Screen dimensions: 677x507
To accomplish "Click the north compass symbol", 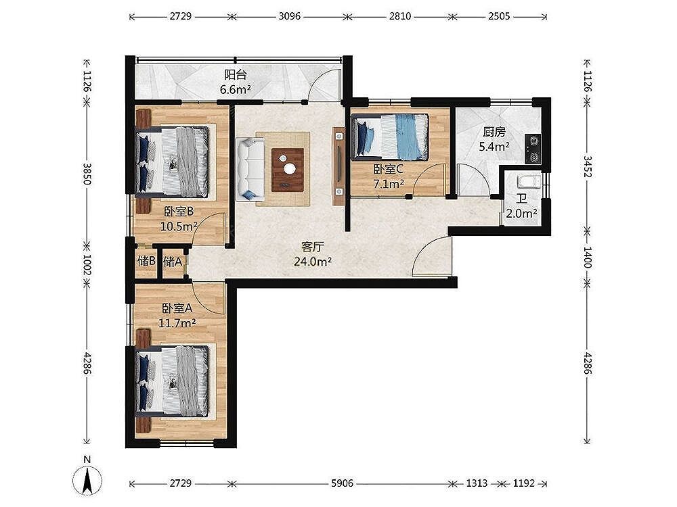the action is coord(87,479).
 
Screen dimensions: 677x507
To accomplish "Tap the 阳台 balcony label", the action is coord(236,74).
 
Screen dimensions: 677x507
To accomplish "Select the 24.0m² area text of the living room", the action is coord(313,261).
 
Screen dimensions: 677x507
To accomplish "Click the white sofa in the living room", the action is coord(250,168).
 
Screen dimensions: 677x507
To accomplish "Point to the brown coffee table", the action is coord(288,170).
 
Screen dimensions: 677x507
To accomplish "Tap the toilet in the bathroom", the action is coord(529,181).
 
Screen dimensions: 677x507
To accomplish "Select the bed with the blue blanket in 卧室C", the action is coord(391,137).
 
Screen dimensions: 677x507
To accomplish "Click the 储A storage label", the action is coord(172,261).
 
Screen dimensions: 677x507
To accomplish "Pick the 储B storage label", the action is coord(146,261).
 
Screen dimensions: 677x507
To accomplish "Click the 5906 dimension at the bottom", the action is coord(342,483).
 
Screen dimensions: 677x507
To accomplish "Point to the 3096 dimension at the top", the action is coord(289,16).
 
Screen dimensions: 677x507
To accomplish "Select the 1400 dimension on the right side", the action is coord(587,257).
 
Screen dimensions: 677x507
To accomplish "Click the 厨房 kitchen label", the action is coord(494,132).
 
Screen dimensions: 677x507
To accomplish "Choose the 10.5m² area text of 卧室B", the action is coord(179,226).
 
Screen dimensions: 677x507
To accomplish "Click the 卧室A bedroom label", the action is coord(177,308).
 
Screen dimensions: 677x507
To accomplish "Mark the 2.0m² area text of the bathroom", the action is coord(521,214).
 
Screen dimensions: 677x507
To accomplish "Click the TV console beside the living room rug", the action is coord(338,166).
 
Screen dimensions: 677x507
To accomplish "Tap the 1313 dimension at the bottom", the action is coord(477,483).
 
